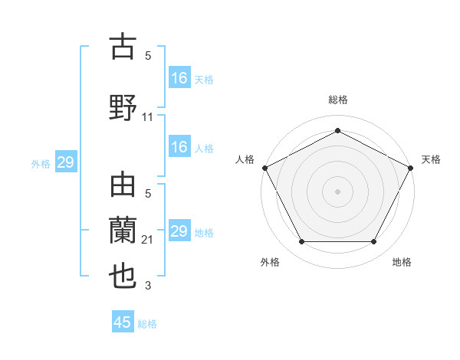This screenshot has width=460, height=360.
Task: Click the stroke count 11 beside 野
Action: click(x=148, y=117)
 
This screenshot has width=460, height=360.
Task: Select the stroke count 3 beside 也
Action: click(x=148, y=286)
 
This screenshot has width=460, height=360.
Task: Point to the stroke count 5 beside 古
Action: click(x=148, y=56)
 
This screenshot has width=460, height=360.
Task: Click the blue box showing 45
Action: click(x=123, y=322)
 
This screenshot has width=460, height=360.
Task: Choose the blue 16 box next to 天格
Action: click(x=179, y=78)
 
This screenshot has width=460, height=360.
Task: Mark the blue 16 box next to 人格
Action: click(x=179, y=148)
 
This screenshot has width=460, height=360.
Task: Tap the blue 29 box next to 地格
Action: click(x=179, y=231)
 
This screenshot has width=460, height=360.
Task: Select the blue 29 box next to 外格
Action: click(x=65, y=162)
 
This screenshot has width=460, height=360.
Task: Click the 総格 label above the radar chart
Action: click(x=337, y=100)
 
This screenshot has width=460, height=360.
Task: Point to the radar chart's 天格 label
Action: click(x=431, y=159)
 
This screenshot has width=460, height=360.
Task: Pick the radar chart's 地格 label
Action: click(x=402, y=263)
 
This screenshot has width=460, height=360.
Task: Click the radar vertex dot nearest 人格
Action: click(x=264, y=167)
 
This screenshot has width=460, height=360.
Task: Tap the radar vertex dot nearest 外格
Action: click(x=301, y=242)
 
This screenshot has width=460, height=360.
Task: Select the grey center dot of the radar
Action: click(x=337, y=191)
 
